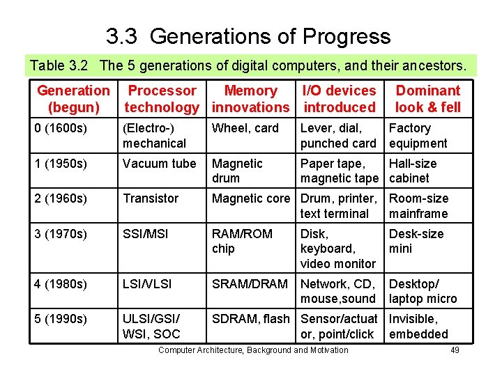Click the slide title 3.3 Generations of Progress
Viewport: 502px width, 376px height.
(x=248, y=36)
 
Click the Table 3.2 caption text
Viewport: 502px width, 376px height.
(x=248, y=65)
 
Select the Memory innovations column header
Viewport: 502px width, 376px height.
(x=250, y=99)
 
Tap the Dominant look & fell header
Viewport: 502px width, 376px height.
(x=427, y=99)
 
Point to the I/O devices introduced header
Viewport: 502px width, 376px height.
(x=339, y=99)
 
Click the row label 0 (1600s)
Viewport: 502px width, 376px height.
(x=60, y=128)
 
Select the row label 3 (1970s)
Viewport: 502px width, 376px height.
(x=60, y=234)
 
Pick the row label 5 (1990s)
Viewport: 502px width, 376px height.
(x=60, y=319)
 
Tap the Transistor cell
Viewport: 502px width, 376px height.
(x=151, y=198)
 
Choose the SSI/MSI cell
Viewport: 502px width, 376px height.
(x=146, y=234)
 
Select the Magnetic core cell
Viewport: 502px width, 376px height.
(x=250, y=198)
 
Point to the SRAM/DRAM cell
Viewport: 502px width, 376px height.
(x=250, y=284)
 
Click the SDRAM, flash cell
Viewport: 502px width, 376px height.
(x=250, y=319)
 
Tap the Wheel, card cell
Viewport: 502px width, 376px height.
(x=245, y=128)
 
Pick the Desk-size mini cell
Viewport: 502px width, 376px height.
(x=416, y=241)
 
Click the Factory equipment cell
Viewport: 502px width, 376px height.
(x=418, y=136)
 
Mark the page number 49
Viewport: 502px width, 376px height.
(x=455, y=350)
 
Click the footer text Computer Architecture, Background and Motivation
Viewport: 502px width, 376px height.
(x=253, y=350)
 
